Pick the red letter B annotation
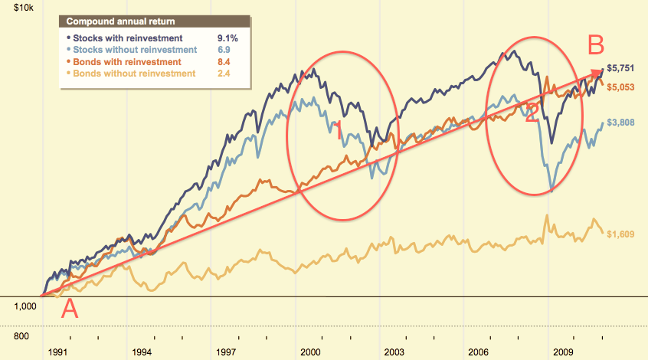597,46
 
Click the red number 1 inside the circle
339,129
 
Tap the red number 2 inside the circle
532,113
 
